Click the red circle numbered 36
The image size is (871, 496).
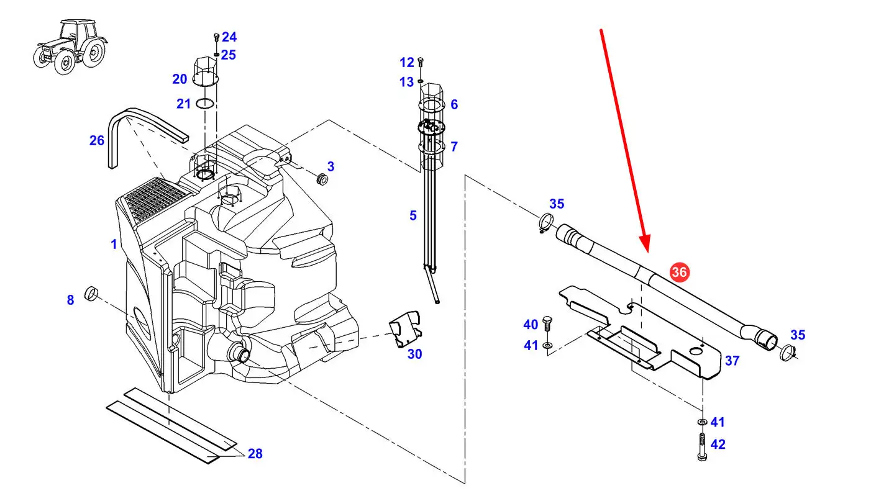[679, 272]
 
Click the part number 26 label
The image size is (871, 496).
[97, 141]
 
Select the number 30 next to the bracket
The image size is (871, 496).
[414, 354]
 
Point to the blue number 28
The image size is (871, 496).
[255, 454]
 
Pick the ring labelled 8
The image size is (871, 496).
[92, 292]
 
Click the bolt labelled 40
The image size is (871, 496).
[547, 323]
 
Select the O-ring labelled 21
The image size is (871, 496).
[206, 104]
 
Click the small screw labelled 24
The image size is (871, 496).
[216, 37]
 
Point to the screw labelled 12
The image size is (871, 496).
[421, 62]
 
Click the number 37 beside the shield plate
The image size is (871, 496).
[732, 360]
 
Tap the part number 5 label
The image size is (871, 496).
[413, 215]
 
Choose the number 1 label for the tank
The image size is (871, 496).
[114, 245]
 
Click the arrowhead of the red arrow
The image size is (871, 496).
[645, 247]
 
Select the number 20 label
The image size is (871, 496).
[180, 79]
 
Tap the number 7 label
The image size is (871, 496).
[454, 147]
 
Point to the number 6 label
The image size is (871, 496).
[454, 104]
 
